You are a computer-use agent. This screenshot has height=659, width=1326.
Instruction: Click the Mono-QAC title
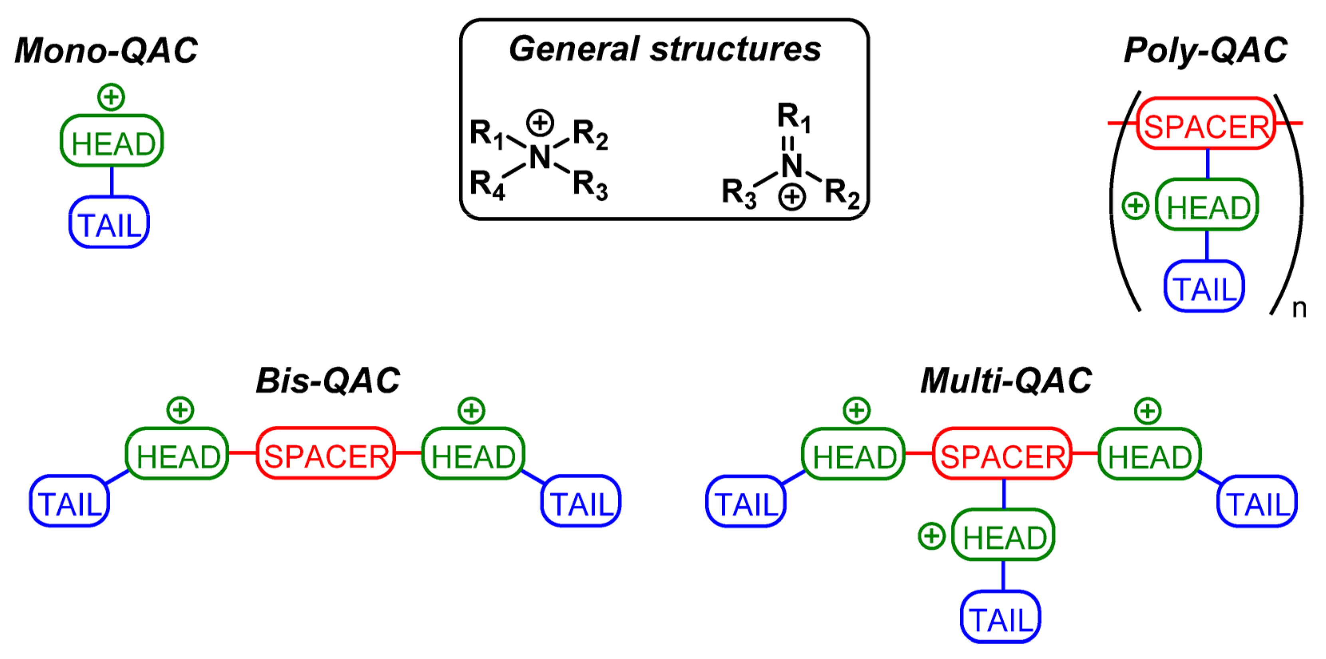(106, 50)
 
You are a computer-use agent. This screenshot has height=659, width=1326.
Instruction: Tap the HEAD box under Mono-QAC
(112, 141)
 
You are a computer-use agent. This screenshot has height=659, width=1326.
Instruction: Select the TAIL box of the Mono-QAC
(109, 223)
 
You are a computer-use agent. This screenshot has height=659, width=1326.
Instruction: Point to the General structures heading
(665, 50)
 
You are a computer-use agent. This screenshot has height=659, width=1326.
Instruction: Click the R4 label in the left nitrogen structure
(486, 184)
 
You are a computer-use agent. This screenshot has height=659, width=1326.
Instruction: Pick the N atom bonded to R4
(540, 157)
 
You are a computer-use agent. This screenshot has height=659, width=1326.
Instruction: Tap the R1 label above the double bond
(793, 116)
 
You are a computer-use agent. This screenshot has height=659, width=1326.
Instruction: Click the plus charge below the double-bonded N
(792, 197)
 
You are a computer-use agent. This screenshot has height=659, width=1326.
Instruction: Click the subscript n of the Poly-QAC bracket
(1299, 309)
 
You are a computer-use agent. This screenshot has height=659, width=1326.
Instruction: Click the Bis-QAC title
(328, 381)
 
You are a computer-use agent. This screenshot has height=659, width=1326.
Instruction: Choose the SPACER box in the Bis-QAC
(326, 454)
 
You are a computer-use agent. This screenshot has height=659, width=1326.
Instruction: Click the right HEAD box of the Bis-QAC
(473, 454)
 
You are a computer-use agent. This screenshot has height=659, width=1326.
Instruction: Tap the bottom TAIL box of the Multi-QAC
(1000, 617)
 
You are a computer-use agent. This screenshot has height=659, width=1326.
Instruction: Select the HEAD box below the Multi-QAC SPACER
(1003, 535)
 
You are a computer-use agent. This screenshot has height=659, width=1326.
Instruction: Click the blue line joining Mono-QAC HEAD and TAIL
(112, 182)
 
